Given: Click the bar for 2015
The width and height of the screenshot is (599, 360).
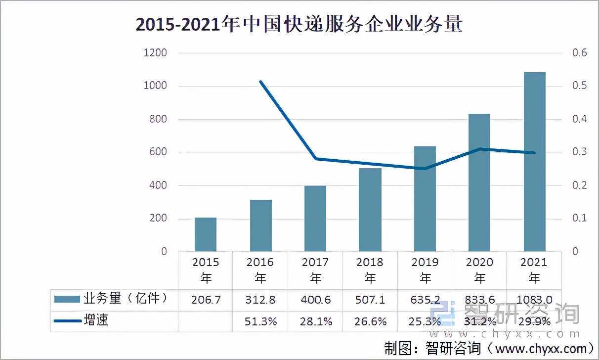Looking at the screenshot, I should [x=205, y=234].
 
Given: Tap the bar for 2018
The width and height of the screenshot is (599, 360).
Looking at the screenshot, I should [x=370, y=210].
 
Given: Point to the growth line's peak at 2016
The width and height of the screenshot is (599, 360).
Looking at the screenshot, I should [x=260, y=82].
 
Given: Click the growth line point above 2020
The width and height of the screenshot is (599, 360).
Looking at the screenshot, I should [x=479, y=149].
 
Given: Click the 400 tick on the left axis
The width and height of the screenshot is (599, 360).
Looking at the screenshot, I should [x=157, y=185].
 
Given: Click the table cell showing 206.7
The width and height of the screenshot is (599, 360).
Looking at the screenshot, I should [x=206, y=300].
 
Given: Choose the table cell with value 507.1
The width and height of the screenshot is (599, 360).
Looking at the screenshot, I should [x=370, y=300].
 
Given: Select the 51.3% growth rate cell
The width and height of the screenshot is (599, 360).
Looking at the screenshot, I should [x=260, y=321].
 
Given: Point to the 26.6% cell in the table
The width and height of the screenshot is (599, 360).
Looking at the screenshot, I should [x=370, y=321].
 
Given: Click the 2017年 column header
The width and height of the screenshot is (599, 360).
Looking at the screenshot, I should [x=315, y=270].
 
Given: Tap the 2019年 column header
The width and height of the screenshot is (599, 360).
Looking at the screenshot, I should [x=425, y=270].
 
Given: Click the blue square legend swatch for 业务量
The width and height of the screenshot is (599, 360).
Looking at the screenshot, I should [x=67, y=299].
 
